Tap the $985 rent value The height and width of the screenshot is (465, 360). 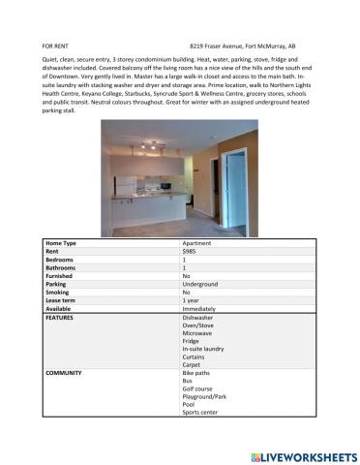coord(189,251)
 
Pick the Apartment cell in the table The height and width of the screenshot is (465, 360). coord(197,242)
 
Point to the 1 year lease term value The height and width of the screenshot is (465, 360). coord(192,300)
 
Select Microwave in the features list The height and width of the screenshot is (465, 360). coord(198,334)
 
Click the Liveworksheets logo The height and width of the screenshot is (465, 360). coord(304,455)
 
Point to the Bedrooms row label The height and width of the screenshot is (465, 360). coord(61,260)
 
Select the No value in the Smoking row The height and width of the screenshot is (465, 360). coord(186,293)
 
